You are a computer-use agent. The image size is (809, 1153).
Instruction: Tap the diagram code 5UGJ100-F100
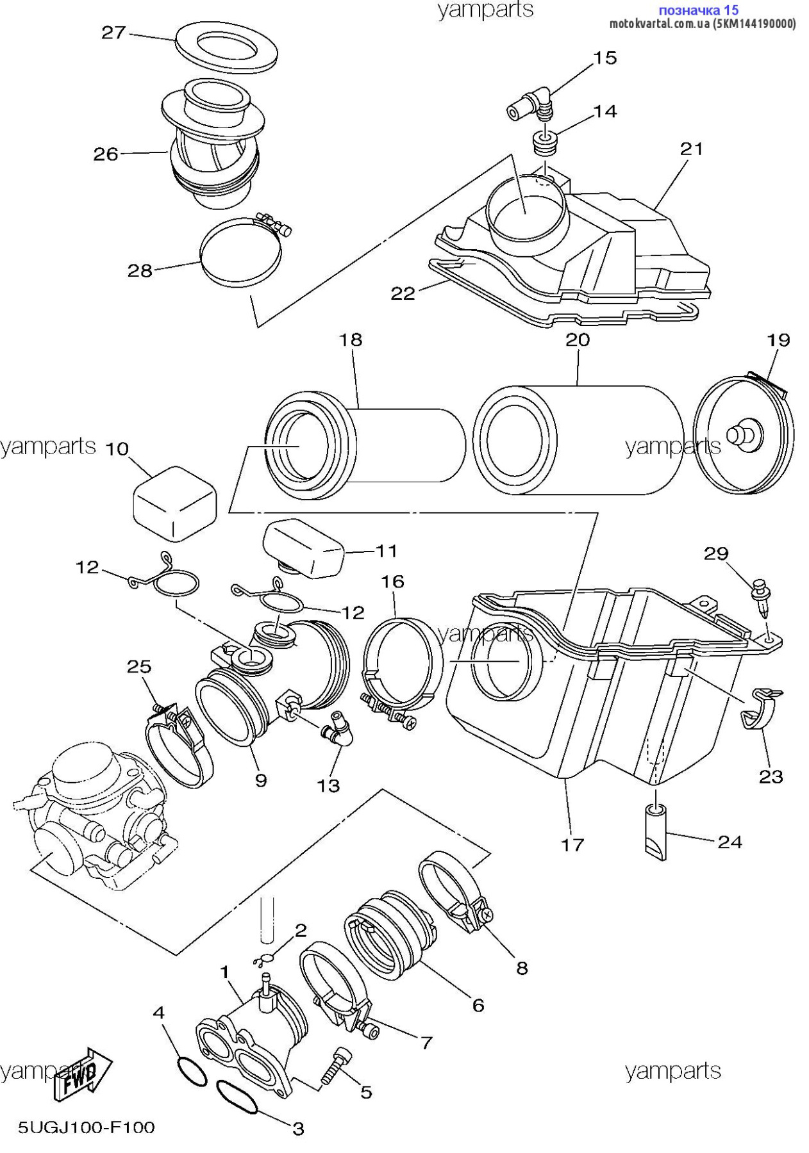click(86, 1127)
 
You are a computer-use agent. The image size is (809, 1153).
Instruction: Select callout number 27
click(113, 32)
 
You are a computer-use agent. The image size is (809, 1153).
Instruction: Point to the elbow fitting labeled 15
click(531, 104)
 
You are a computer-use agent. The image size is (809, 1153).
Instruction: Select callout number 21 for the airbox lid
click(692, 149)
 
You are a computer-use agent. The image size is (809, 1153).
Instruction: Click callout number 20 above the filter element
click(578, 339)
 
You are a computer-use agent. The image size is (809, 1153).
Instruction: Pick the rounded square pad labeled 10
click(174, 503)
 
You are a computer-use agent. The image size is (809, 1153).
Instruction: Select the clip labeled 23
click(760, 708)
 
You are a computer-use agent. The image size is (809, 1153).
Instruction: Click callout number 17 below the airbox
click(572, 844)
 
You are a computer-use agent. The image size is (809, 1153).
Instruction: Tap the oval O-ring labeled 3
click(237, 1097)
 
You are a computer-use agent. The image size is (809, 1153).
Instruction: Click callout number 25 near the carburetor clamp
click(139, 667)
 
